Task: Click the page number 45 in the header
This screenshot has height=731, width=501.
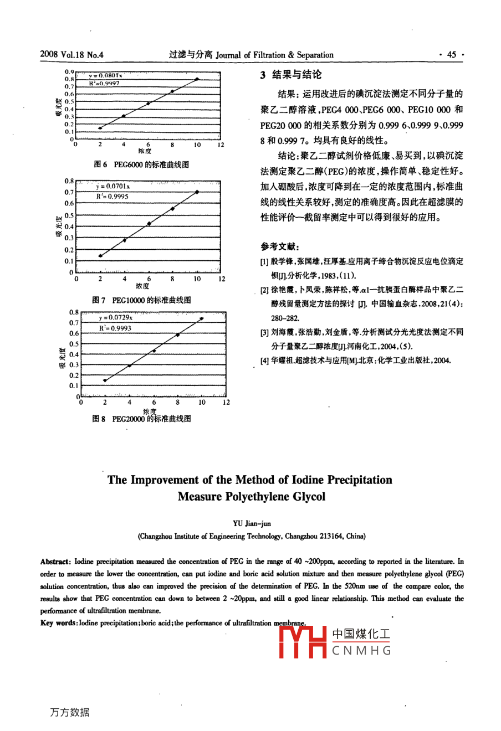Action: [451, 55]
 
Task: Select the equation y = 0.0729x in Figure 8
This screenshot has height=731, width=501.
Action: [116, 317]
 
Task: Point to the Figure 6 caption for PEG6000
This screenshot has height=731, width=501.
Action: [141, 164]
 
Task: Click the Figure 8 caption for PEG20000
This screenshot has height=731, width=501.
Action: [141, 419]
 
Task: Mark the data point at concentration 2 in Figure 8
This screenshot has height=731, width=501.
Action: [105, 380]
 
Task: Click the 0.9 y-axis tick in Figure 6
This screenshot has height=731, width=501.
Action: [69, 72]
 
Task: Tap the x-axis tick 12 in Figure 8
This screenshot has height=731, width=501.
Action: [226, 403]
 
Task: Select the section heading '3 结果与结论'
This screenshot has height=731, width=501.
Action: [291, 75]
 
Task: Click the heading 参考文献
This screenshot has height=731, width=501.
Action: [280, 247]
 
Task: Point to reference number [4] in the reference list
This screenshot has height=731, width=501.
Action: [264, 361]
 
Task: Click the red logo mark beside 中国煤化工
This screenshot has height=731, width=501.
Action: [302, 642]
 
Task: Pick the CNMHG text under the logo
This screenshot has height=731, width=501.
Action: [361, 651]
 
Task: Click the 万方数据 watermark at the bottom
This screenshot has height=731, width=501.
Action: [69, 713]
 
